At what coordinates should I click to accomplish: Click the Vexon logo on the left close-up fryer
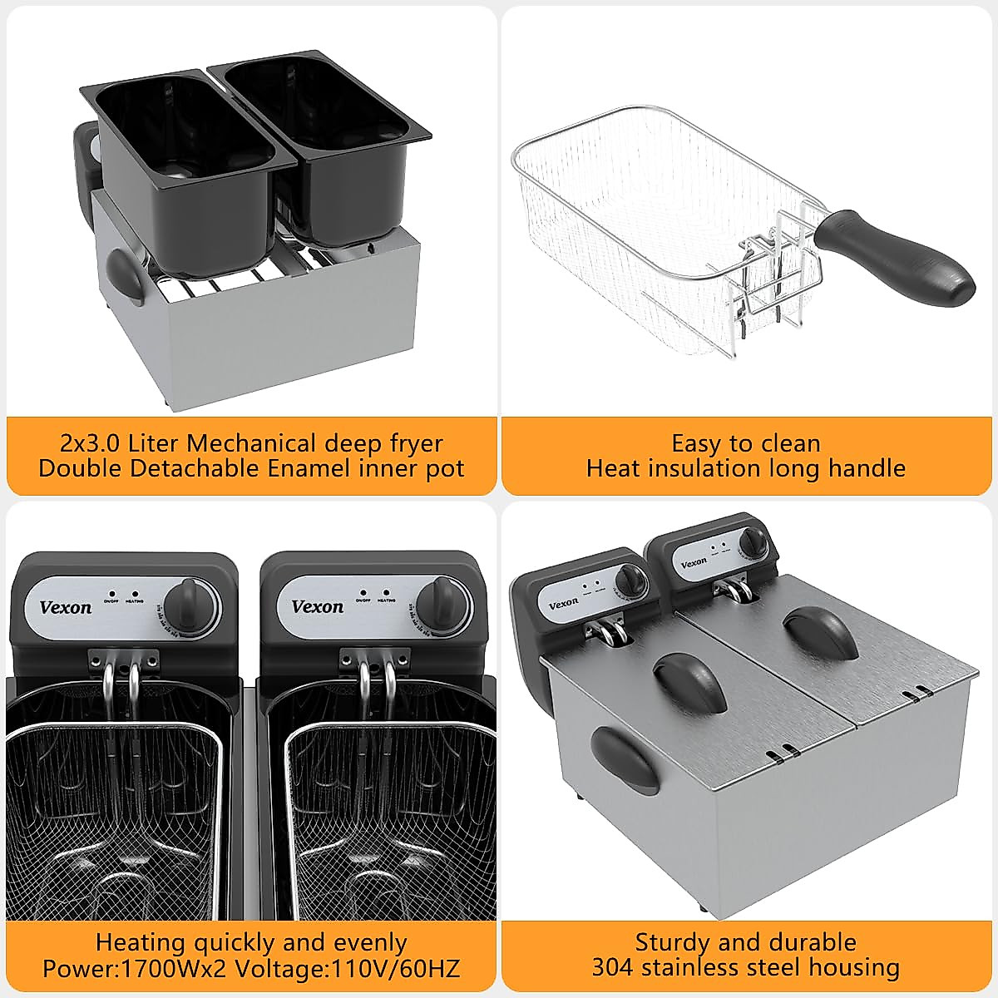tap(66, 607)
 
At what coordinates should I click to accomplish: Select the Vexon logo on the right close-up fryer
tap(317, 606)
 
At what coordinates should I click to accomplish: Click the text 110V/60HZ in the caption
tap(396, 968)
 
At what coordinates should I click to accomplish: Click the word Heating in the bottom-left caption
tap(140, 942)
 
